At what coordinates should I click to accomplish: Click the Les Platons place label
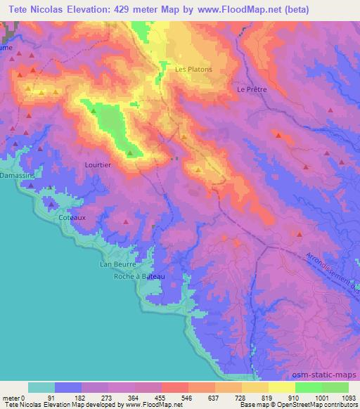point(193,69)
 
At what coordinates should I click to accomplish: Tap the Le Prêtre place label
point(252,90)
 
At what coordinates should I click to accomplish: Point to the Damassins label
point(13,174)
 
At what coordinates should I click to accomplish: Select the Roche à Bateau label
point(139,277)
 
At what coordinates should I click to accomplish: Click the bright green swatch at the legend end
point(335,387)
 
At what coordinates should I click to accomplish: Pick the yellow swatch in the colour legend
point(282,387)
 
